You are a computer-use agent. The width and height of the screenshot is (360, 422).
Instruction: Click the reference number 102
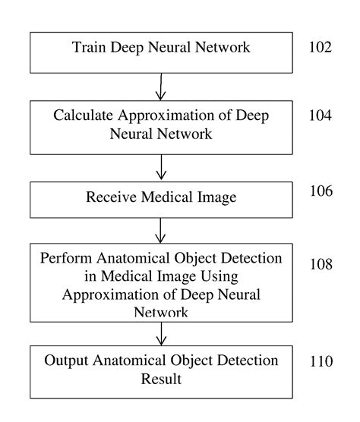click(321, 47)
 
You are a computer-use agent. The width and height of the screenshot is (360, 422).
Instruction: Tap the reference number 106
click(321, 191)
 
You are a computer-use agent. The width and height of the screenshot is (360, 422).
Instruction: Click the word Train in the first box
click(90, 47)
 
